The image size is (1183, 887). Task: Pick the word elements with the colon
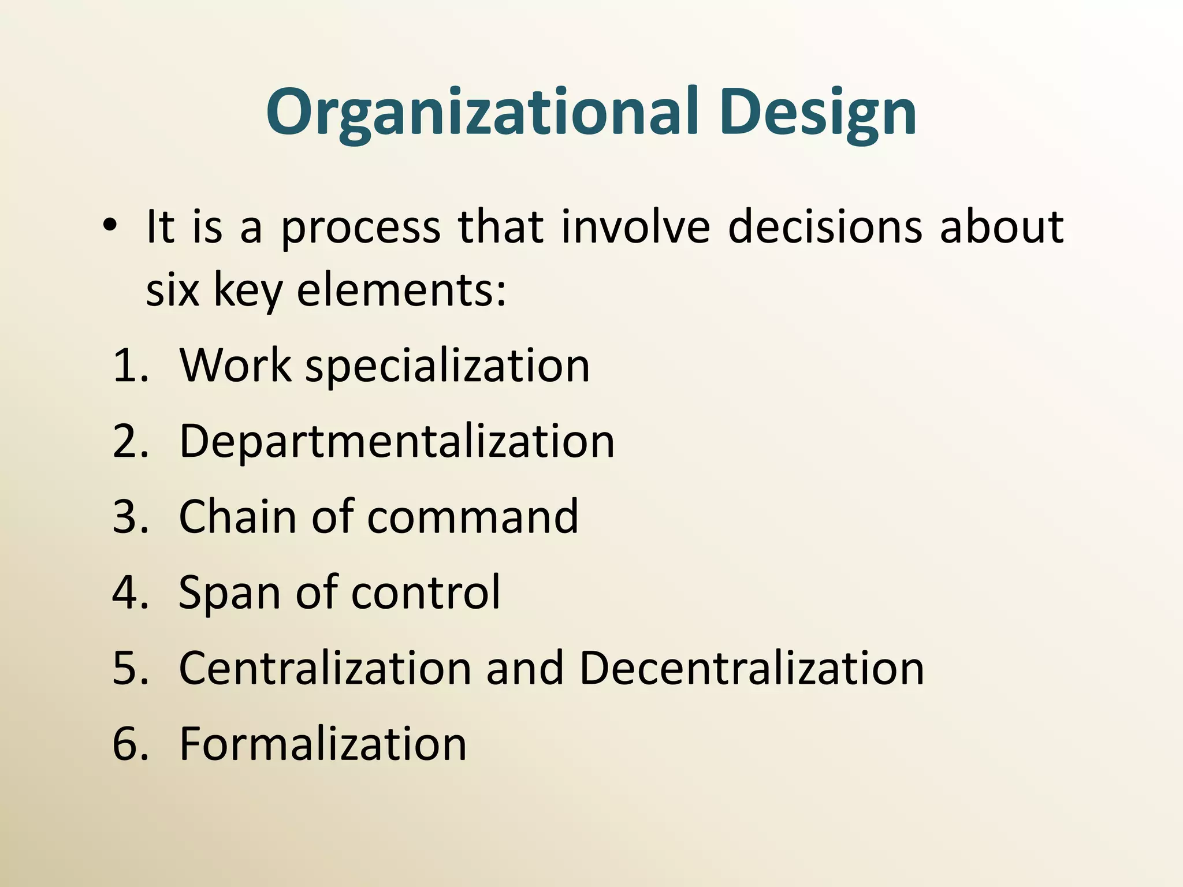point(401,290)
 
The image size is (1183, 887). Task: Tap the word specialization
point(447,367)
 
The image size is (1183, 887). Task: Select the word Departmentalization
point(397,442)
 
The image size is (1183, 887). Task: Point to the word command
point(473,517)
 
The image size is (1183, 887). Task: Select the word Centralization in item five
point(325,668)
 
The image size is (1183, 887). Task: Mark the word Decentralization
point(751,668)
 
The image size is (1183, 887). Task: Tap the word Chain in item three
point(237,517)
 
